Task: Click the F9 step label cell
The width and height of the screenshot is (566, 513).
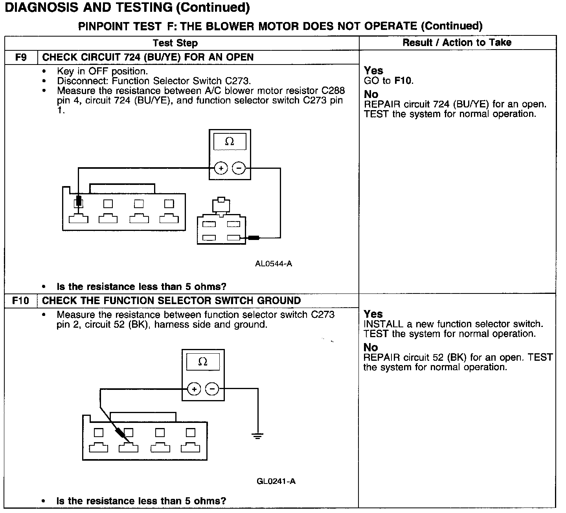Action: (x=21, y=57)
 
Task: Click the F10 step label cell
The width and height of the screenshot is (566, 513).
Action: (x=20, y=301)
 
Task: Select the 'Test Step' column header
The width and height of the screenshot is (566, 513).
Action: (x=175, y=43)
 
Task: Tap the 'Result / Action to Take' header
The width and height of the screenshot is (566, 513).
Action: (x=457, y=42)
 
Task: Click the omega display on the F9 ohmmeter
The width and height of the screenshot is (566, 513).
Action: (x=230, y=142)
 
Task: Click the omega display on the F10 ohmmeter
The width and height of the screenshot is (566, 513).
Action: (x=203, y=362)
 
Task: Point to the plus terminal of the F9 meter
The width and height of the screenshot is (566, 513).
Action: (x=221, y=168)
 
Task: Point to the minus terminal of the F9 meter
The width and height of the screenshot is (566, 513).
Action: (x=239, y=168)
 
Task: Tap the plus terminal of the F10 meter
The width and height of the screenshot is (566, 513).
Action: (x=194, y=389)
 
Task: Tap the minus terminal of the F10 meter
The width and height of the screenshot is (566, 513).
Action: (x=212, y=389)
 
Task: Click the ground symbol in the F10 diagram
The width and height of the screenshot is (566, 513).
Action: (x=257, y=436)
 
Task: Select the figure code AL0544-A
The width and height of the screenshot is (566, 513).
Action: (x=274, y=264)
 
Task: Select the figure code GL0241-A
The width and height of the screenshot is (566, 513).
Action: (x=276, y=481)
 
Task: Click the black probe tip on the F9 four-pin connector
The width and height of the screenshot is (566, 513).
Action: (x=79, y=201)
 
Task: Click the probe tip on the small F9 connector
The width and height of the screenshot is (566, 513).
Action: (x=253, y=238)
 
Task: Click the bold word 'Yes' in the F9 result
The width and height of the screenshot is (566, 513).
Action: (x=373, y=71)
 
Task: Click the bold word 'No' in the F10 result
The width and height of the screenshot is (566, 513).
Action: (x=370, y=347)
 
